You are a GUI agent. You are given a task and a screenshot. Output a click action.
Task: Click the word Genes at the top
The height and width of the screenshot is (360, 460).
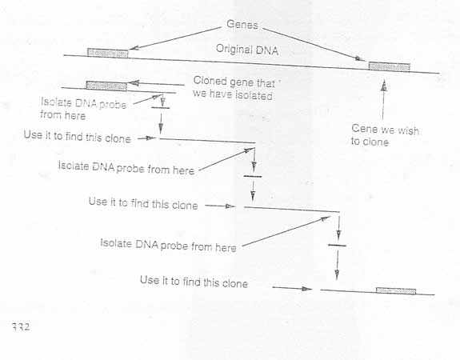242,25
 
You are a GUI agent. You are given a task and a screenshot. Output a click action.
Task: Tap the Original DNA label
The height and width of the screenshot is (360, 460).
247,50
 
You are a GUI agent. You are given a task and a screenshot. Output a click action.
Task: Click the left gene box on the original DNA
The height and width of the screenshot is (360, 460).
108,53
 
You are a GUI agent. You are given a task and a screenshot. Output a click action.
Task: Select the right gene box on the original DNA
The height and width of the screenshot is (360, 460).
389,66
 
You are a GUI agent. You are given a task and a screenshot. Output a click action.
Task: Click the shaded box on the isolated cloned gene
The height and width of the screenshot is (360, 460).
106,86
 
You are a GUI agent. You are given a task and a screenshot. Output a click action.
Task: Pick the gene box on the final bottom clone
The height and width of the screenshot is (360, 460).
396,290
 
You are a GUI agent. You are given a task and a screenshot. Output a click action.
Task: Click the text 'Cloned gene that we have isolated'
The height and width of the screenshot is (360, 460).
234,88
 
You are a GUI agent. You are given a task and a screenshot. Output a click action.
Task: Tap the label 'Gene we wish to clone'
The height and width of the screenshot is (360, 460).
385,135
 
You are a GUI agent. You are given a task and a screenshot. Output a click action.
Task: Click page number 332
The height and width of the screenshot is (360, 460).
21,326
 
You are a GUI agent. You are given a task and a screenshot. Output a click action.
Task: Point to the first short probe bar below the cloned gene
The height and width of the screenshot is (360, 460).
160,108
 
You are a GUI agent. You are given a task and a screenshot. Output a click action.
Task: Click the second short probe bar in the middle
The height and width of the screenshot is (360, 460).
252,176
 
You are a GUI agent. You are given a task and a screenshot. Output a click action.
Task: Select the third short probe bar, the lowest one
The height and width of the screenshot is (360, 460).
337,245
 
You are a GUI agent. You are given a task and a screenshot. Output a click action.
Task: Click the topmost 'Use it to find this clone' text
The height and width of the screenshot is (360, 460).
77,137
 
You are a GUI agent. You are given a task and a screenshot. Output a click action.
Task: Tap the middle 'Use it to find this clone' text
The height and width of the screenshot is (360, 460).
143,203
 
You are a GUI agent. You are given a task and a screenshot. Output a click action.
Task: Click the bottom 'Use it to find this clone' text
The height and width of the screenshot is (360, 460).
194,282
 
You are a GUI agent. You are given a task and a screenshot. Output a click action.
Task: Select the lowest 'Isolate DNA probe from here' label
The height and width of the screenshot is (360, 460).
168,246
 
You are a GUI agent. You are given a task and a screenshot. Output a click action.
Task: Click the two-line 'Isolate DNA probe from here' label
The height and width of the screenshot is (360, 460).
84,109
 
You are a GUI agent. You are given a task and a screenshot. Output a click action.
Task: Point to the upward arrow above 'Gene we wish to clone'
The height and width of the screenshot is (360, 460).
383,100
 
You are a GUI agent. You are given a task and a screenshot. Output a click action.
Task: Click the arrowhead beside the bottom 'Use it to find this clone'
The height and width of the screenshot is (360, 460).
307,289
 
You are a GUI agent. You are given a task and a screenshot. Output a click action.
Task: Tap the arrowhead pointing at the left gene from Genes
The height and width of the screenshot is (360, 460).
134,48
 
